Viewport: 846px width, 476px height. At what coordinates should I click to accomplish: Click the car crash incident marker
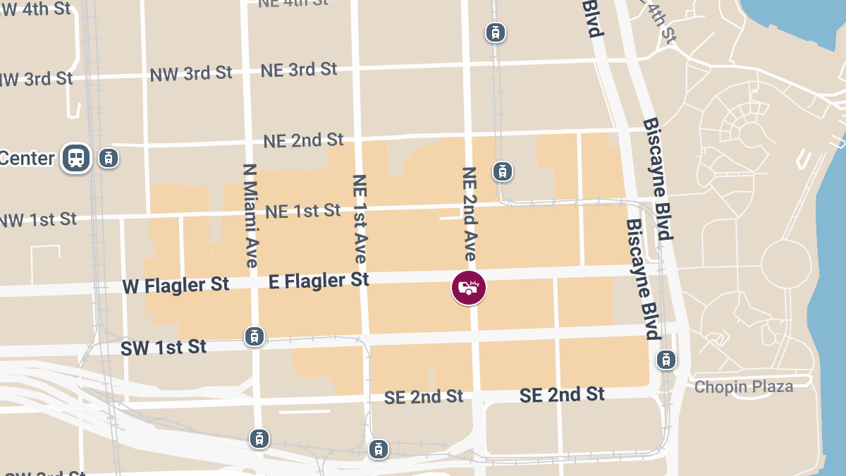469,288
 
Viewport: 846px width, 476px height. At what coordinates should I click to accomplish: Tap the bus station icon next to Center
76,158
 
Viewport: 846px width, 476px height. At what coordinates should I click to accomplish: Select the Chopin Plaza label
743,386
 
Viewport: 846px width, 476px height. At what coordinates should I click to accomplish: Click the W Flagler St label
176,285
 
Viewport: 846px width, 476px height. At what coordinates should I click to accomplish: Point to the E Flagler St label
319,281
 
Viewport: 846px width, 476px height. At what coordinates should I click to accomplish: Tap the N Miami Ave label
250,215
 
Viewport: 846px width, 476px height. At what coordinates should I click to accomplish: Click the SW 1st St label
164,347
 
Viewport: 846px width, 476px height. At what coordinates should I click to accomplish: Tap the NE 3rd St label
299,70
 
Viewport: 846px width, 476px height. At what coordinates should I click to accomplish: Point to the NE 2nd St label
303,140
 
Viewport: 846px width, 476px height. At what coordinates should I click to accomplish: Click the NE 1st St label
302,210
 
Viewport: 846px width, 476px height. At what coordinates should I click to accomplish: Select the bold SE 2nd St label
562,394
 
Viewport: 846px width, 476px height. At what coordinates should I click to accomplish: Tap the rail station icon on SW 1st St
255,336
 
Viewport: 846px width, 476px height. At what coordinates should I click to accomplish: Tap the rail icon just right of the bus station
107,158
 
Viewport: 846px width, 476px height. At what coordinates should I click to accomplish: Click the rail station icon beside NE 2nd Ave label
502,171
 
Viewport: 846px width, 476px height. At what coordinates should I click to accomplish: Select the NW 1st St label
37,220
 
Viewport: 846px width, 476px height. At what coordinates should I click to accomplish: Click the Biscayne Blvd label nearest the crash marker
642,279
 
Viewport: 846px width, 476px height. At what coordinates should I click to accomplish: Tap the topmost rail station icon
496,32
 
